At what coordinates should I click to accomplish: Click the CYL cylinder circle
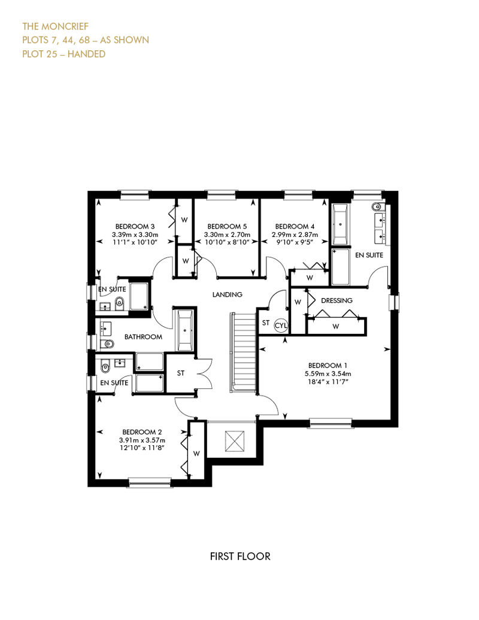click(x=281, y=326)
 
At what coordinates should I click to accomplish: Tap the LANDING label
click(x=227, y=294)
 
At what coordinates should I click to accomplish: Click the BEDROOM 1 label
click(x=328, y=365)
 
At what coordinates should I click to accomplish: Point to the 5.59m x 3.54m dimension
click(x=328, y=373)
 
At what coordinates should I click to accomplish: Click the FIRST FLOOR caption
click(x=240, y=557)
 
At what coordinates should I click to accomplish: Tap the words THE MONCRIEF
click(x=55, y=26)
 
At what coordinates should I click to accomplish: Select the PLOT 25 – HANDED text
click(x=63, y=54)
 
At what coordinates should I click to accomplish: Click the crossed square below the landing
click(x=235, y=441)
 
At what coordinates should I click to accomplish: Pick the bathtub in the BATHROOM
click(x=185, y=330)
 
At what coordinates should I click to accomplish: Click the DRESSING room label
click(x=336, y=300)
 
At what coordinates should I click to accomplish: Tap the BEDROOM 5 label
click(x=227, y=227)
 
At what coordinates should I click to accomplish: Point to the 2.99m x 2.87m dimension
click(x=295, y=235)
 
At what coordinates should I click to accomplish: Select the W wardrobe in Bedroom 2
click(x=196, y=454)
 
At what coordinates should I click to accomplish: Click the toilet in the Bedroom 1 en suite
click(x=377, y=206)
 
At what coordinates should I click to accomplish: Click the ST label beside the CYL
click(x=266, y=323)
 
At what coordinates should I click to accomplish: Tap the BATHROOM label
click(x=143, y=337)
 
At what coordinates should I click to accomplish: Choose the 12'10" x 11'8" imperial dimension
click(x=142, y=448)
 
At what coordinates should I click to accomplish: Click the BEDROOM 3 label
click(x=135, y=227)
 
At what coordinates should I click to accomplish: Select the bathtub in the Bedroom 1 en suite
click(x=341, y=224)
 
